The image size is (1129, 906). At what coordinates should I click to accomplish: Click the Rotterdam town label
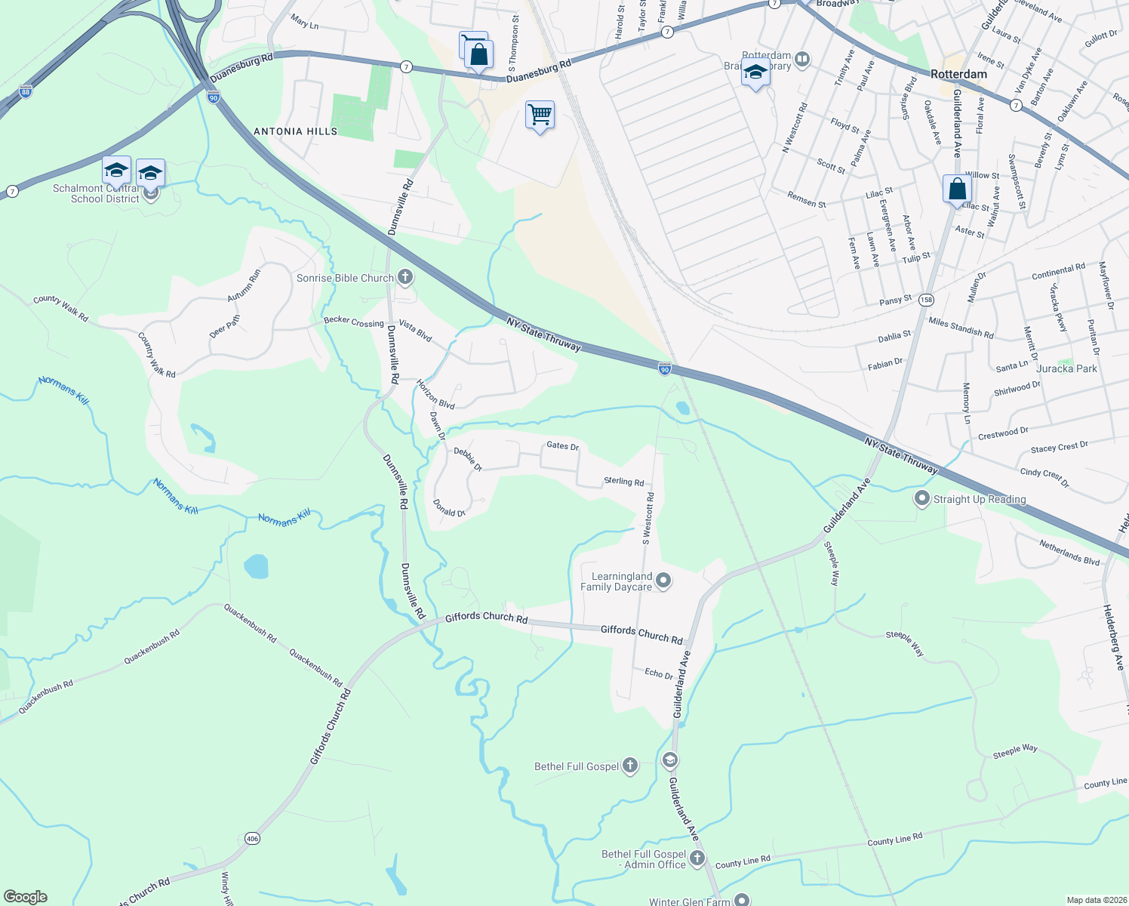(958, 74)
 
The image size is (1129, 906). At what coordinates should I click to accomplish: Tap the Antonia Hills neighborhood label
(295, 131)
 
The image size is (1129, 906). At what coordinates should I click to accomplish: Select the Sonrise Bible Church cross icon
(405, 278)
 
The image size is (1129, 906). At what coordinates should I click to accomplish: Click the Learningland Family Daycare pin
(663, 581)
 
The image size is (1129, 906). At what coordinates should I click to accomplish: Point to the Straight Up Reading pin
(921, 498)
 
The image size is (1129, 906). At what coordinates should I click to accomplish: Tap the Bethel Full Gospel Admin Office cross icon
(697, 858)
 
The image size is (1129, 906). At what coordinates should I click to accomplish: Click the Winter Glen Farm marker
(743, 899)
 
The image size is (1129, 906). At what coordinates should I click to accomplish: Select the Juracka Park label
(1066, 368)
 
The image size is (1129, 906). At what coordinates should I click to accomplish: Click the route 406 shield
(252, 838)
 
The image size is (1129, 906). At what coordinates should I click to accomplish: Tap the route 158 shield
(927, 300)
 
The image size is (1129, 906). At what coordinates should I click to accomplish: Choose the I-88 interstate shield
(26, 92)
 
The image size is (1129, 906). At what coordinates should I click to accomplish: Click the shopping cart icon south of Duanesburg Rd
(540, 116)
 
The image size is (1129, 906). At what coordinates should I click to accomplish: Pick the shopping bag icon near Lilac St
(956, 188)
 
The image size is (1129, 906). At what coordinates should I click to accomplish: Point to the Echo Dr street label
(659, 673)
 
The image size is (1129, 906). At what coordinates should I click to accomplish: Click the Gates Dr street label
(562, 446)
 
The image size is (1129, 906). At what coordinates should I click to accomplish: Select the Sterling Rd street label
(624, 482)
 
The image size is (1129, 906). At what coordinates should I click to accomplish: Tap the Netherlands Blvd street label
(1069, 552)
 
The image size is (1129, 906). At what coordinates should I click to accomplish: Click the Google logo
(26, 897)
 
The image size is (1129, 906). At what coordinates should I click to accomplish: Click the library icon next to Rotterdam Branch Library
(802, 58)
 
